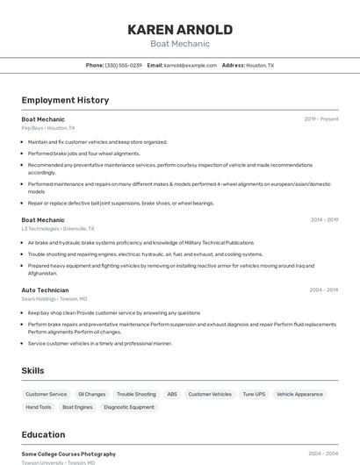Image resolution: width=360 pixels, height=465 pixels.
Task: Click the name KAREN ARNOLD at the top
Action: pos(180,30)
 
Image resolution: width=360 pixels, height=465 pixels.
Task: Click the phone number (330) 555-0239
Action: pos(124,65)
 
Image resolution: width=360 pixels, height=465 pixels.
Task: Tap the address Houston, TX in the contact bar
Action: pos(260,65)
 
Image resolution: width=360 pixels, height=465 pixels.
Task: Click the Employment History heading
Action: pos(65,100)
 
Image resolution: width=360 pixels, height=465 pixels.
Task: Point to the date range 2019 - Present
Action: pos(321,118)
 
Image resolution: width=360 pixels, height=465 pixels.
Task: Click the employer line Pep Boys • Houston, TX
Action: pos(48,128)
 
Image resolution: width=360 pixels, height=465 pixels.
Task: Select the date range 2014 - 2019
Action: pos(324,220)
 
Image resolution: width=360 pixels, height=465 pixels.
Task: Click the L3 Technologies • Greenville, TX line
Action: pos(59,229)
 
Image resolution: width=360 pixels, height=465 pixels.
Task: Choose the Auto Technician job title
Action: pos(45,290)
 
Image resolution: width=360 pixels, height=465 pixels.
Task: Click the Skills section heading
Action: pos(32,370)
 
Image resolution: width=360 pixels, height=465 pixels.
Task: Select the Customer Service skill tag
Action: pos(46,395)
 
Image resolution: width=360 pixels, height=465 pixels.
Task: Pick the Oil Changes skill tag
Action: pos(91,395)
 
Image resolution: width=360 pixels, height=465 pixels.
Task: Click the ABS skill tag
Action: pos(172,395)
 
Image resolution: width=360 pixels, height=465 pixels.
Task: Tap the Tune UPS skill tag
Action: pos(254,395)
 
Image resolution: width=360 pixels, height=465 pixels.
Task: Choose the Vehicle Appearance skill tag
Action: pos(299,395)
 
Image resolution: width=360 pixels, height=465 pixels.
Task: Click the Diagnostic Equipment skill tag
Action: pos(129,407)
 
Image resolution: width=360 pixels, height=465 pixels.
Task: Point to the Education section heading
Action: pos(43,434)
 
